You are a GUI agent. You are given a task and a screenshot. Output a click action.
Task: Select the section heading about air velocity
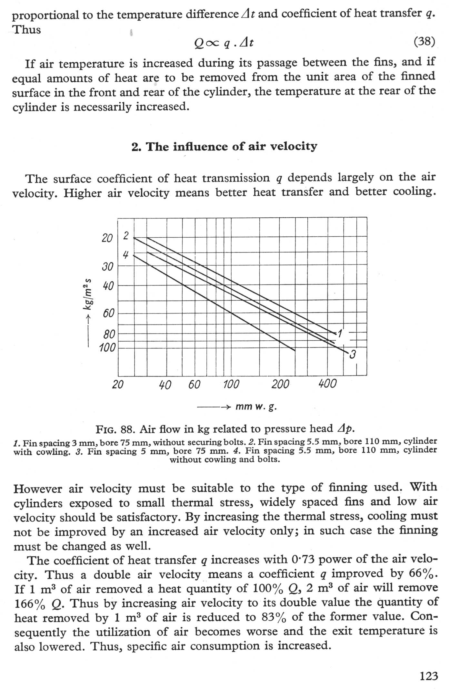225,146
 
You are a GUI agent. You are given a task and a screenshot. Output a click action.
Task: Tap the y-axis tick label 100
107,348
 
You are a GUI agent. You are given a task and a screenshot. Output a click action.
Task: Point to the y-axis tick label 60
108,313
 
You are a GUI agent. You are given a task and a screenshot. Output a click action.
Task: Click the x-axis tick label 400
327,384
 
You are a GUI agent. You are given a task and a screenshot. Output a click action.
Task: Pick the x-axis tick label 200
280,384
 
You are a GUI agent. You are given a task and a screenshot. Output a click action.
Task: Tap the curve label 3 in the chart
353,355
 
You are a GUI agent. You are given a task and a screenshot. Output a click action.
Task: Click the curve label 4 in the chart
125,255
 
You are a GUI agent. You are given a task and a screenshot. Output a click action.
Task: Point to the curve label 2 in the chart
126,235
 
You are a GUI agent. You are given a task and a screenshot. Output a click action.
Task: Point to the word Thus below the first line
27,30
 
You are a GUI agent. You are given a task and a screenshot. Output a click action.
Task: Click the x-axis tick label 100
231,384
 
